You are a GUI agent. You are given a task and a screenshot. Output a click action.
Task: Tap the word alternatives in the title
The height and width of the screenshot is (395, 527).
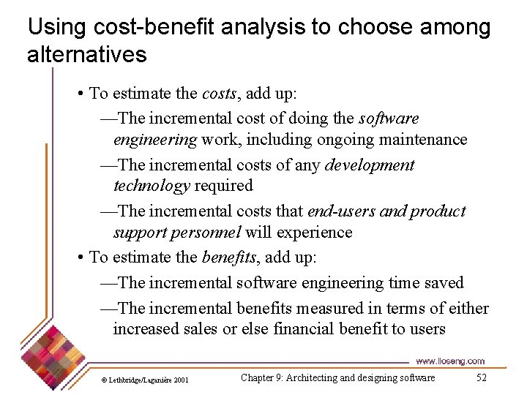tap(87, 54)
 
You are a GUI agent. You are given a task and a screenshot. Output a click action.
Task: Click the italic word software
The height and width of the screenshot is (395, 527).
tap(389, 118)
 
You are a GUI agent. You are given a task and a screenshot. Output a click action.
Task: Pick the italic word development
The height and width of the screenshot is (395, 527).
tap(370, 165)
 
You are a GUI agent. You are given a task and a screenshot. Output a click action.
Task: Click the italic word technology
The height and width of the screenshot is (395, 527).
tap(152, 186)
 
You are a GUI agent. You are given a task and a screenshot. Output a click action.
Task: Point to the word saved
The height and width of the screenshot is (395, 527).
tap(443, 282)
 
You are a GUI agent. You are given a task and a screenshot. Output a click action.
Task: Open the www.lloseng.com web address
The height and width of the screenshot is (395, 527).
tap(449, 361)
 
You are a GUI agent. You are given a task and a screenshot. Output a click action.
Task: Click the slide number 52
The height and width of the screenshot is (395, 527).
tap(481, 377)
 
